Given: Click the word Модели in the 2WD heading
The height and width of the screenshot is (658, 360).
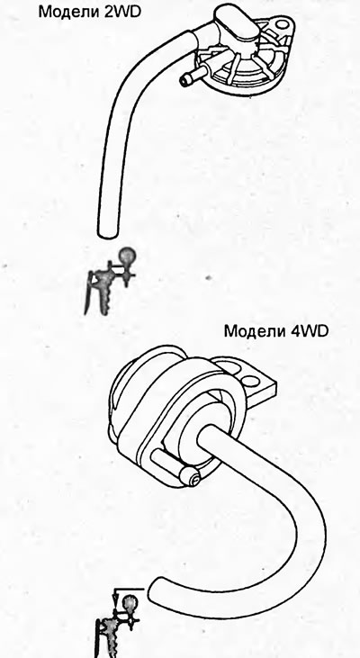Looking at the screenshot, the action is (68, 12).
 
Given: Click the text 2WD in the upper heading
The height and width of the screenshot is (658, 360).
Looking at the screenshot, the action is (121, 12).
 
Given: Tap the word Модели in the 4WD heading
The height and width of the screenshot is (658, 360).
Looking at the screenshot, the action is (254, 331).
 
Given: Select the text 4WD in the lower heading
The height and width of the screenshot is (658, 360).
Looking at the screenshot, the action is (308, 331).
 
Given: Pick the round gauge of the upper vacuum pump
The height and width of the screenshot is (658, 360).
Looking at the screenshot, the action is (127, 255).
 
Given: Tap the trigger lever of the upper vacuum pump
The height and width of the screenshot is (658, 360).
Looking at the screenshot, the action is (88, 293).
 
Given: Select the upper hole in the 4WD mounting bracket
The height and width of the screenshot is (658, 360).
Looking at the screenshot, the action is (229, 368).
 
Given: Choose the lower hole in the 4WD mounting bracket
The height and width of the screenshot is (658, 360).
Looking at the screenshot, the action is (250, 381).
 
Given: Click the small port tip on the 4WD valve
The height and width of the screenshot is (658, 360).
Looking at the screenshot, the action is (193, 479).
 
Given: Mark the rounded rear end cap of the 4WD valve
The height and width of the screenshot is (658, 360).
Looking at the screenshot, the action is (126, 386).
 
